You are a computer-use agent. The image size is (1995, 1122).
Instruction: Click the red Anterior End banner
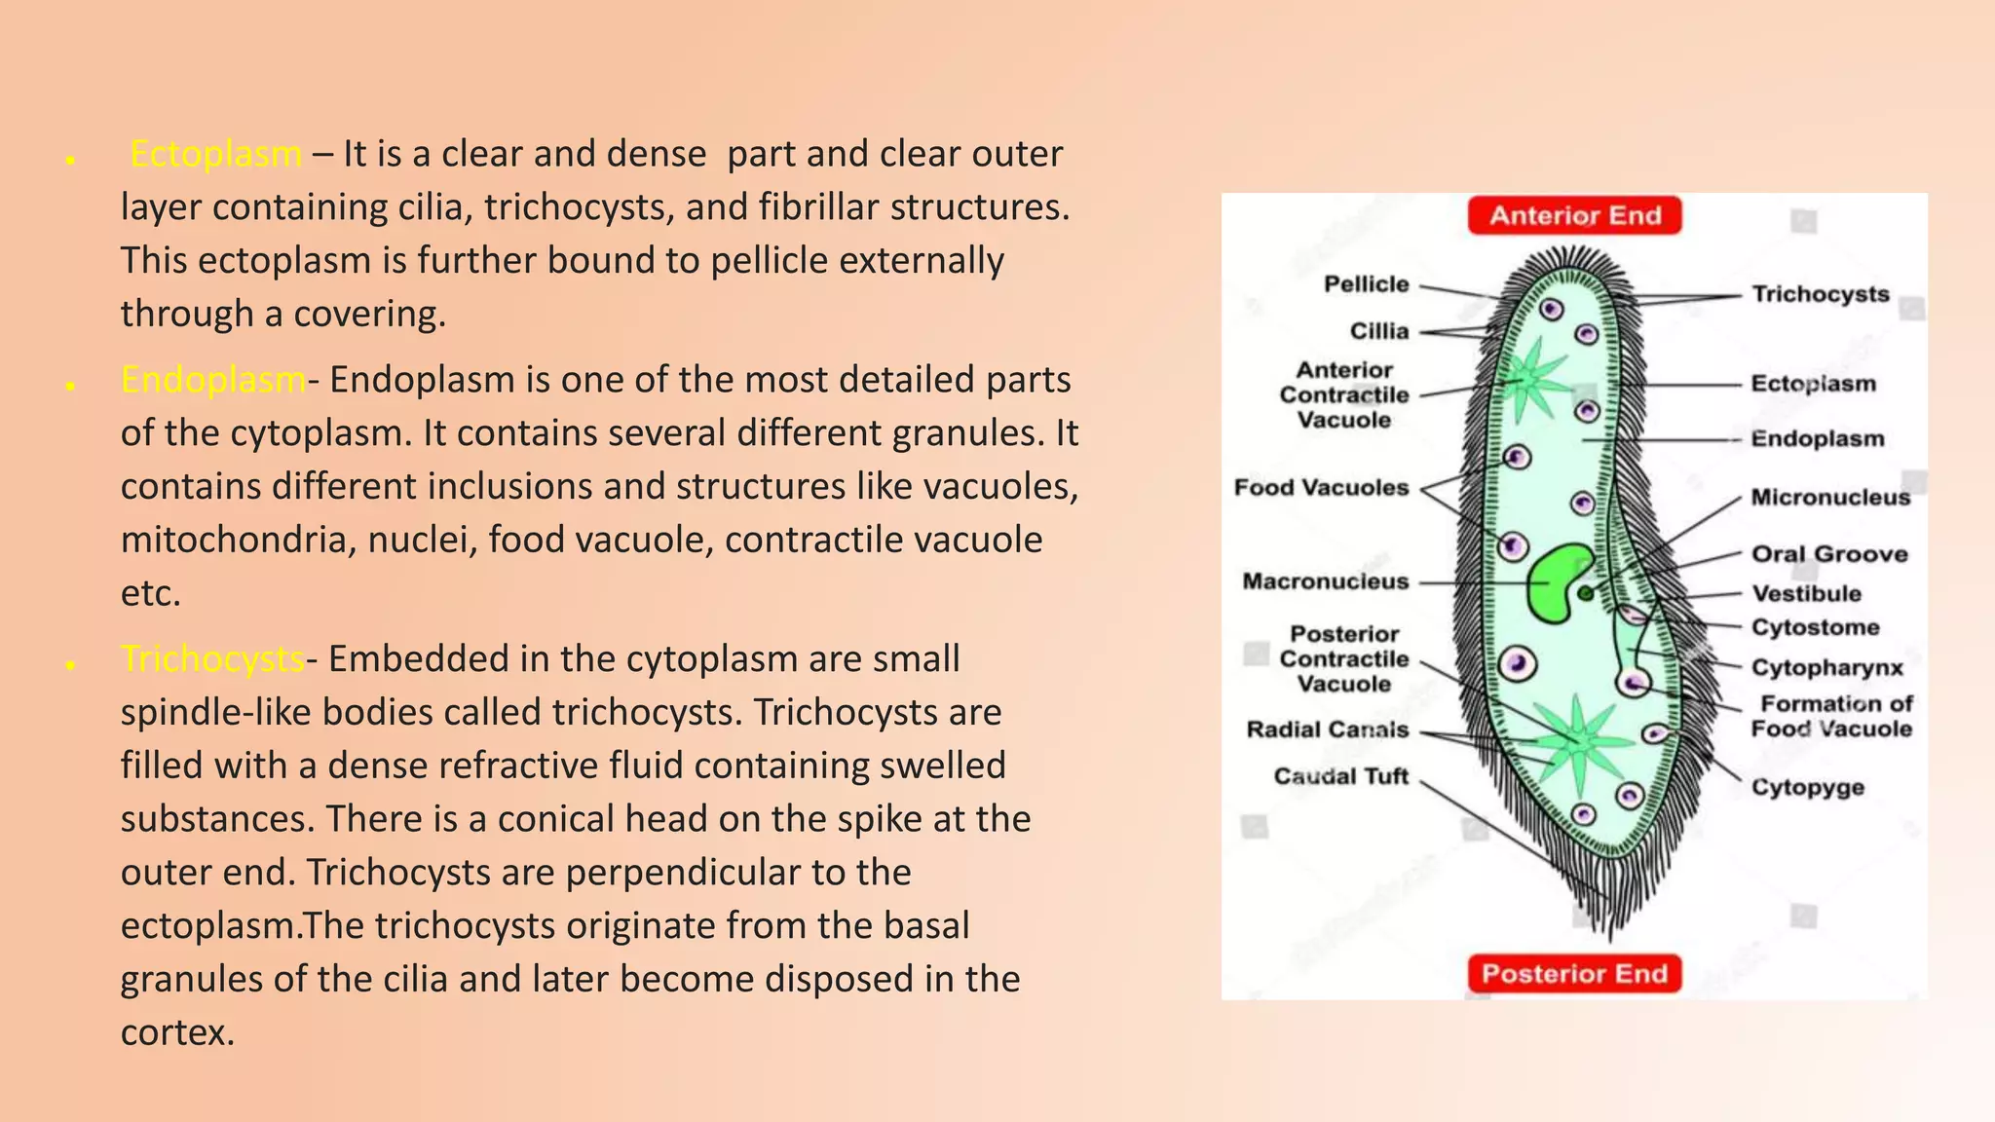pyautogui.click(x=1574, y=215)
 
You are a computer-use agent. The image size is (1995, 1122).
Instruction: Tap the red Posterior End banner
pyautogui.click(x=1574, y=973)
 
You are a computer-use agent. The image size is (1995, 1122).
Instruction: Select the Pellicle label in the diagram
pyautogui.click(x=1366, y=284)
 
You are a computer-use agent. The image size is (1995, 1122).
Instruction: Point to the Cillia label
pyautogui.click(x=1378, y=331)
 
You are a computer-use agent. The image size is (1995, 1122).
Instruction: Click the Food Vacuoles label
pyautogui.click(x=1321, y=487)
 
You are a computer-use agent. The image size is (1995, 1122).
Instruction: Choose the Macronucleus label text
pyautogui.click(x=1325, y=581)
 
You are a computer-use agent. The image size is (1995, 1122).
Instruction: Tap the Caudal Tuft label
pyautogui.click(x=1340, y=776)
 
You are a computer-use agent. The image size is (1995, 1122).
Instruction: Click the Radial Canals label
pyautogui.click(x=1327, y=729)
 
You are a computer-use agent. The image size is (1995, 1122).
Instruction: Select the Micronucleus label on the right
pyautogui.click(x=1830, y=498)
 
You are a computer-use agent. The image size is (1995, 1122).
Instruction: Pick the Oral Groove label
pyautogui.click(x=1828, y=554)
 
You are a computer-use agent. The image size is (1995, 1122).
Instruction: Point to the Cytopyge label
pyautogui.click(x=1807, y=787)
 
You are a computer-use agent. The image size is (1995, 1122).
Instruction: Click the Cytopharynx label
pyautogui.click(x=1826, y=668)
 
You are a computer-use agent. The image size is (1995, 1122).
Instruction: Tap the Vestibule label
pyautogui.click(x=1806, y=594)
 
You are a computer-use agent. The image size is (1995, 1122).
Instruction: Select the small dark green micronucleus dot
pyautogui.click(x=1586, y=593)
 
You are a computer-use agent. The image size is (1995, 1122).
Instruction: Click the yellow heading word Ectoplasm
pyautogui.click(x=215, y=154)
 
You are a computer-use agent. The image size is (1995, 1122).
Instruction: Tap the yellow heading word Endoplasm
pyautogui.click(x=213, y=380)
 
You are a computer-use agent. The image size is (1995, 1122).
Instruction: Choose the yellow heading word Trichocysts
pyautogui.click(x=213, y=659)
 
